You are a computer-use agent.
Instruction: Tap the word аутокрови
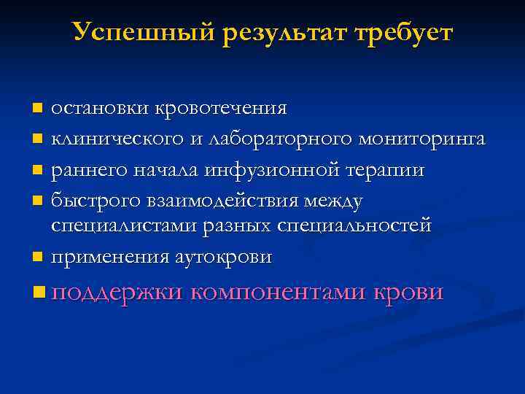225,257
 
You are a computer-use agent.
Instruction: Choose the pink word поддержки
117,293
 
